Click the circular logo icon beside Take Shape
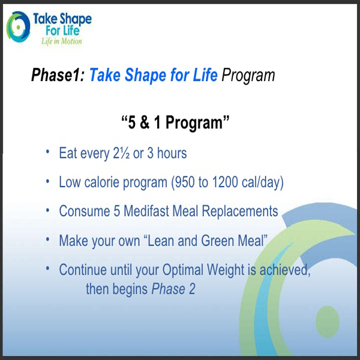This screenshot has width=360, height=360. [18, 27]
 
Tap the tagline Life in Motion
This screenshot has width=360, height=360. [62, 41]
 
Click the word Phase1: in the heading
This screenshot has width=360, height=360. [58, 75]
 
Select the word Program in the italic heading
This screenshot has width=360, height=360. [248, 76]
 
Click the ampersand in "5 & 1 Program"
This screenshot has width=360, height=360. [145, 122]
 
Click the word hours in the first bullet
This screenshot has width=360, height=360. [172, 153]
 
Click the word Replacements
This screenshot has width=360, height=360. [240, 211]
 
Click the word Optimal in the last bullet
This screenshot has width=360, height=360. [183, 270]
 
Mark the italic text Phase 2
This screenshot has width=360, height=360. [173, 289]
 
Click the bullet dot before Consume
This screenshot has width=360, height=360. [47, 211]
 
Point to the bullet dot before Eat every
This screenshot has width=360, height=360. [47, 152]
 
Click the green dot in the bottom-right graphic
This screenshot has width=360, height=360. [328, 322]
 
